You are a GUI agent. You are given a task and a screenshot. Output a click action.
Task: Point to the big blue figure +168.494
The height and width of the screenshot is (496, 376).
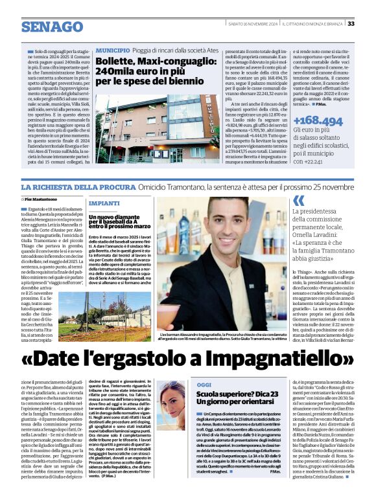click(x=317, y=121)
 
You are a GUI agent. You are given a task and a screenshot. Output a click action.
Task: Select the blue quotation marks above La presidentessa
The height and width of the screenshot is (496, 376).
click(x=298, y=201)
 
